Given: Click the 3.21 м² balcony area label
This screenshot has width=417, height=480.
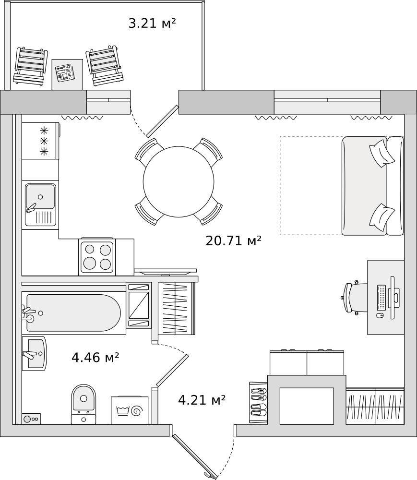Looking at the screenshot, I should click(x=152, y=23).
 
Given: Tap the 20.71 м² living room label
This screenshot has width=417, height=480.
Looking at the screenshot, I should click(x=233, y=240).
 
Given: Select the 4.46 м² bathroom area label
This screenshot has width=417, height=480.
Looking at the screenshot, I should click(x=95, y=358).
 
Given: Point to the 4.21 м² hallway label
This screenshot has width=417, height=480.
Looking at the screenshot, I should click(x=202, y=400).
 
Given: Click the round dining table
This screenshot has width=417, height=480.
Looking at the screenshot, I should click(x=179, y=181).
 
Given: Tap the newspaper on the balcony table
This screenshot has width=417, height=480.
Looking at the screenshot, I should click(x=65, y=73).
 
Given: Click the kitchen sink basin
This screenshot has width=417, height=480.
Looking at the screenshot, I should click(x=40, y=197).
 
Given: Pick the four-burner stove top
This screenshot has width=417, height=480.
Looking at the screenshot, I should click(x=97, y=257).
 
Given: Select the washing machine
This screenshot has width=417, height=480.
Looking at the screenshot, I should click(x=130, y=410).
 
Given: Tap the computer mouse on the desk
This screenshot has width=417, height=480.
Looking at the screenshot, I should click(x=380, y=315).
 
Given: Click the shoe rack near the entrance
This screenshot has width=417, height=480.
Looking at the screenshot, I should click(x=258, y=402).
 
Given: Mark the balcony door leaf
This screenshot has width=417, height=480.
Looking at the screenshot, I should click(x=163, y=121).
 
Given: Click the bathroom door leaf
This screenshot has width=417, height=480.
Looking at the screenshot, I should click(x=172, y=371).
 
